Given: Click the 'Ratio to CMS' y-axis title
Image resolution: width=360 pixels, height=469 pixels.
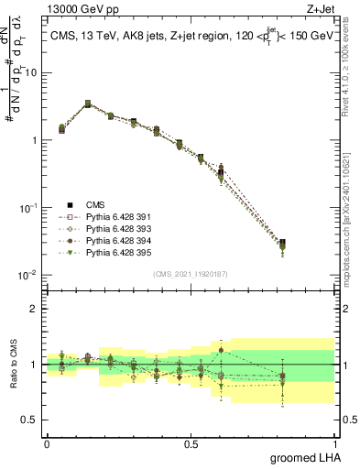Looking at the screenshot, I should pos(13,365).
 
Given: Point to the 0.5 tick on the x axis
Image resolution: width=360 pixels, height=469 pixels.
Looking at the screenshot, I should pos(191,442).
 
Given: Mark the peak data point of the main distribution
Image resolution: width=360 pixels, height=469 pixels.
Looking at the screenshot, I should pos(87,104).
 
